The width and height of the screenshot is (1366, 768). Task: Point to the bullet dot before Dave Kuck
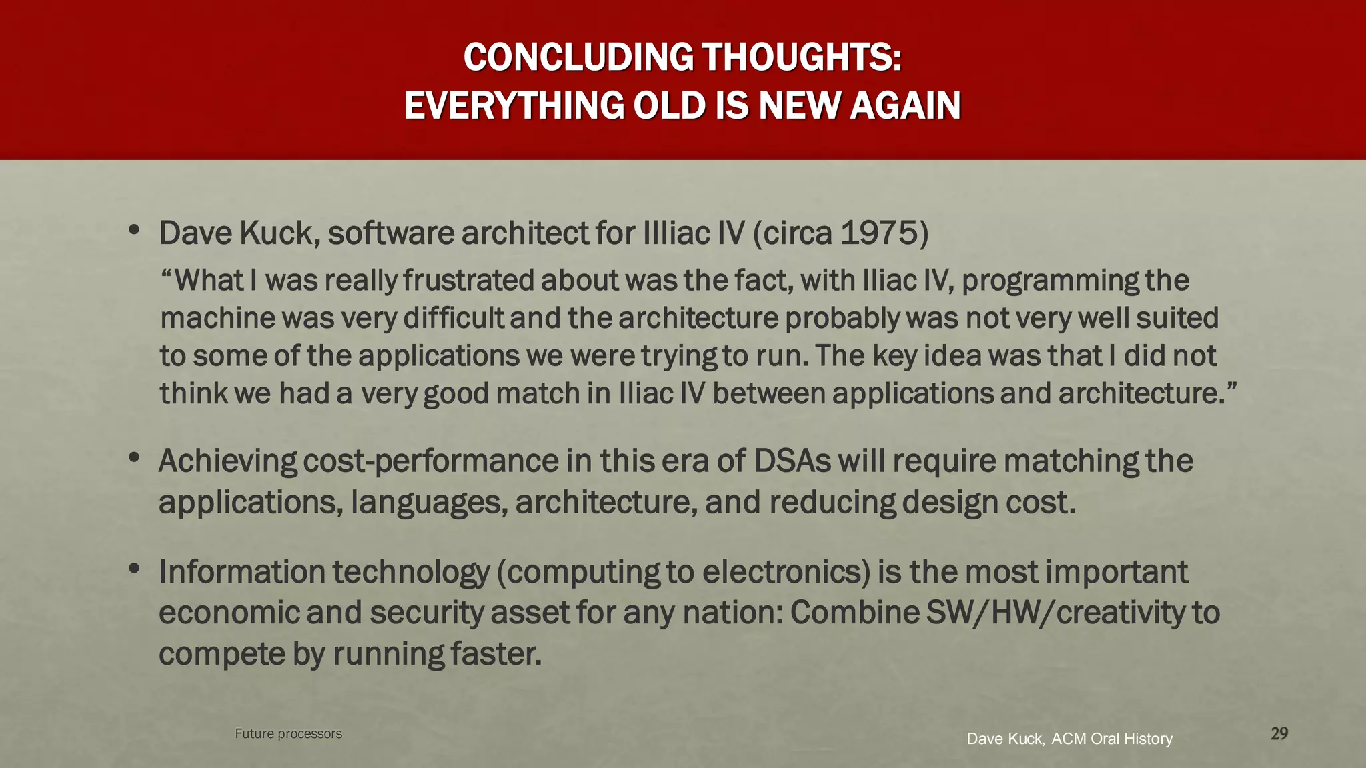pyautogui.click(x=134, y=231)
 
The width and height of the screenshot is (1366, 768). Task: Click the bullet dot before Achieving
pyautogui.click(x=134, y=458)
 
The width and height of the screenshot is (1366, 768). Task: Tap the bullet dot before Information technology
pyautogui.click(x=134, y=569)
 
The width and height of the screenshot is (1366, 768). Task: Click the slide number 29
pyautogui.click(x=1279, y=733)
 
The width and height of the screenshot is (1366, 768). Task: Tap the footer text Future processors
pyautogui.click(x=288, y=733)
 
